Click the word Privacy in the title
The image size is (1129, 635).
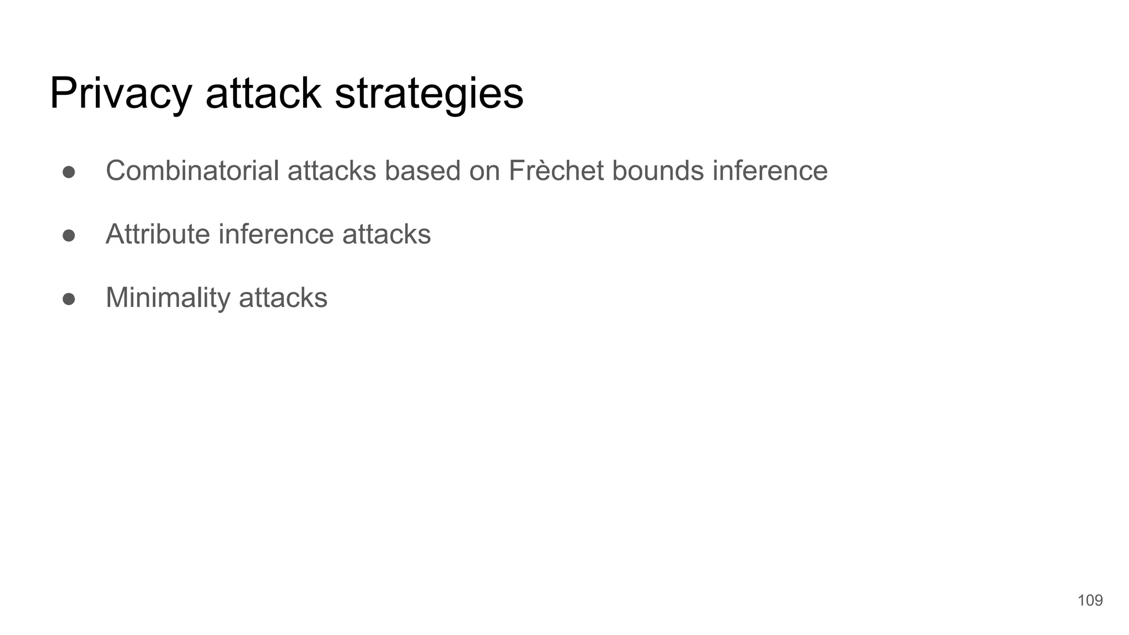click(x=121, y=94)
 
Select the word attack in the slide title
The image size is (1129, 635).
click(x=263, y=94)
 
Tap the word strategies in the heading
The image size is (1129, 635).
click(x=429, y=94)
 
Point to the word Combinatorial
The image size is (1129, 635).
click(x=192, y=170)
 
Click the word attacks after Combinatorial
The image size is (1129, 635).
click(x=331, y=170)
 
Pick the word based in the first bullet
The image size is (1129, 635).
click(x=422, y=170)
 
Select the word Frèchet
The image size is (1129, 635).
click(x=556, y=170)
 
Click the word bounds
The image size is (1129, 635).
click(x=658, y=170)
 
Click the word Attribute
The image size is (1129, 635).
click(x=158, y=234)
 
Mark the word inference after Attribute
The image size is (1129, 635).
click(x=276, y=234)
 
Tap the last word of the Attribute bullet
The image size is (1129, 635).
click(x=386, y=234)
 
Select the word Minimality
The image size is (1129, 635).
click(x=168, y=298)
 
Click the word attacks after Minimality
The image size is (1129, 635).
click(x=283, y=298)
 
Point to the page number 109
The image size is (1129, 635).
click(x=1090, y=600)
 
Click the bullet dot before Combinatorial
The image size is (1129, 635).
click(x=69, y=172)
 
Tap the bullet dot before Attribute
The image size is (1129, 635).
click(x=69, y=235)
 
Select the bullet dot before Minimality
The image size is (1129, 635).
click(x=69, y=299)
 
